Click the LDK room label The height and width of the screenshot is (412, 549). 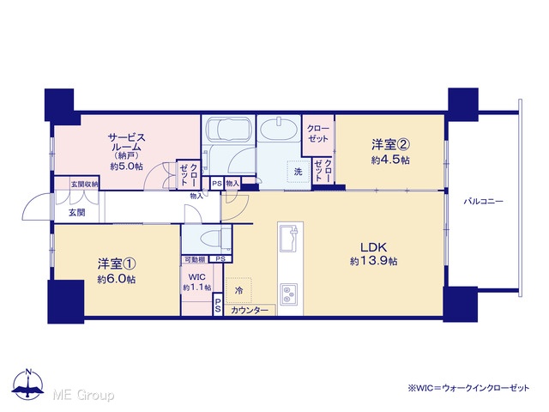tap(374, 247)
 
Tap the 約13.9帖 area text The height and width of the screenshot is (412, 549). tap(373, 261)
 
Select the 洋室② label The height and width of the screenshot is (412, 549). tap(390, 144)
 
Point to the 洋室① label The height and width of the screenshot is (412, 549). tap(117, 264)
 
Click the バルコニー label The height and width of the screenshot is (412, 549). tap(483, 202)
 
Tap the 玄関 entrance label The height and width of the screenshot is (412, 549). tap(76, 212)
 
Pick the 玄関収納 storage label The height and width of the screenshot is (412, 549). tap(84, 184)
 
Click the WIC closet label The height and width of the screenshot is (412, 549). tap(196, 277)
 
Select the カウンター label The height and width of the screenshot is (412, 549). tap(250, 310)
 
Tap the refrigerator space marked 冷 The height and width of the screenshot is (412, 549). tap(238, 290)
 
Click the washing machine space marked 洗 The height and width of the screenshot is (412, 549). tap(298, 172)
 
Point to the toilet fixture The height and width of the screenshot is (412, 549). tap(215, 239)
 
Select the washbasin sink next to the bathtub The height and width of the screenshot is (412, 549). tap(279, 129)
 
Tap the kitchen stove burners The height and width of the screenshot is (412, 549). tap(288, 294)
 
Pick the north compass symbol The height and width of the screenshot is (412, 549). tap(27, 385)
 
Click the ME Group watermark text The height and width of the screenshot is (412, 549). tap(83, 396)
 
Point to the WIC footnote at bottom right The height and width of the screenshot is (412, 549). tap(468, 388)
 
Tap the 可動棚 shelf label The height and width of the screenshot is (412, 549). tap(195, 259)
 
